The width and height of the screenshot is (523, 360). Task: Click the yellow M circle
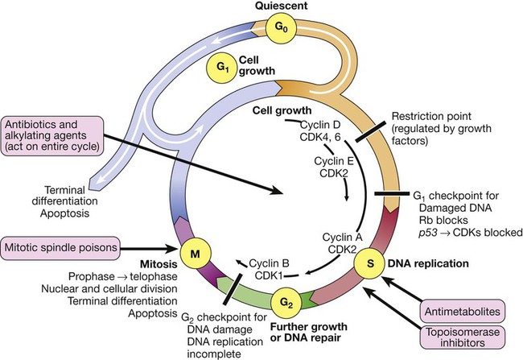(x=195, y=254)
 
